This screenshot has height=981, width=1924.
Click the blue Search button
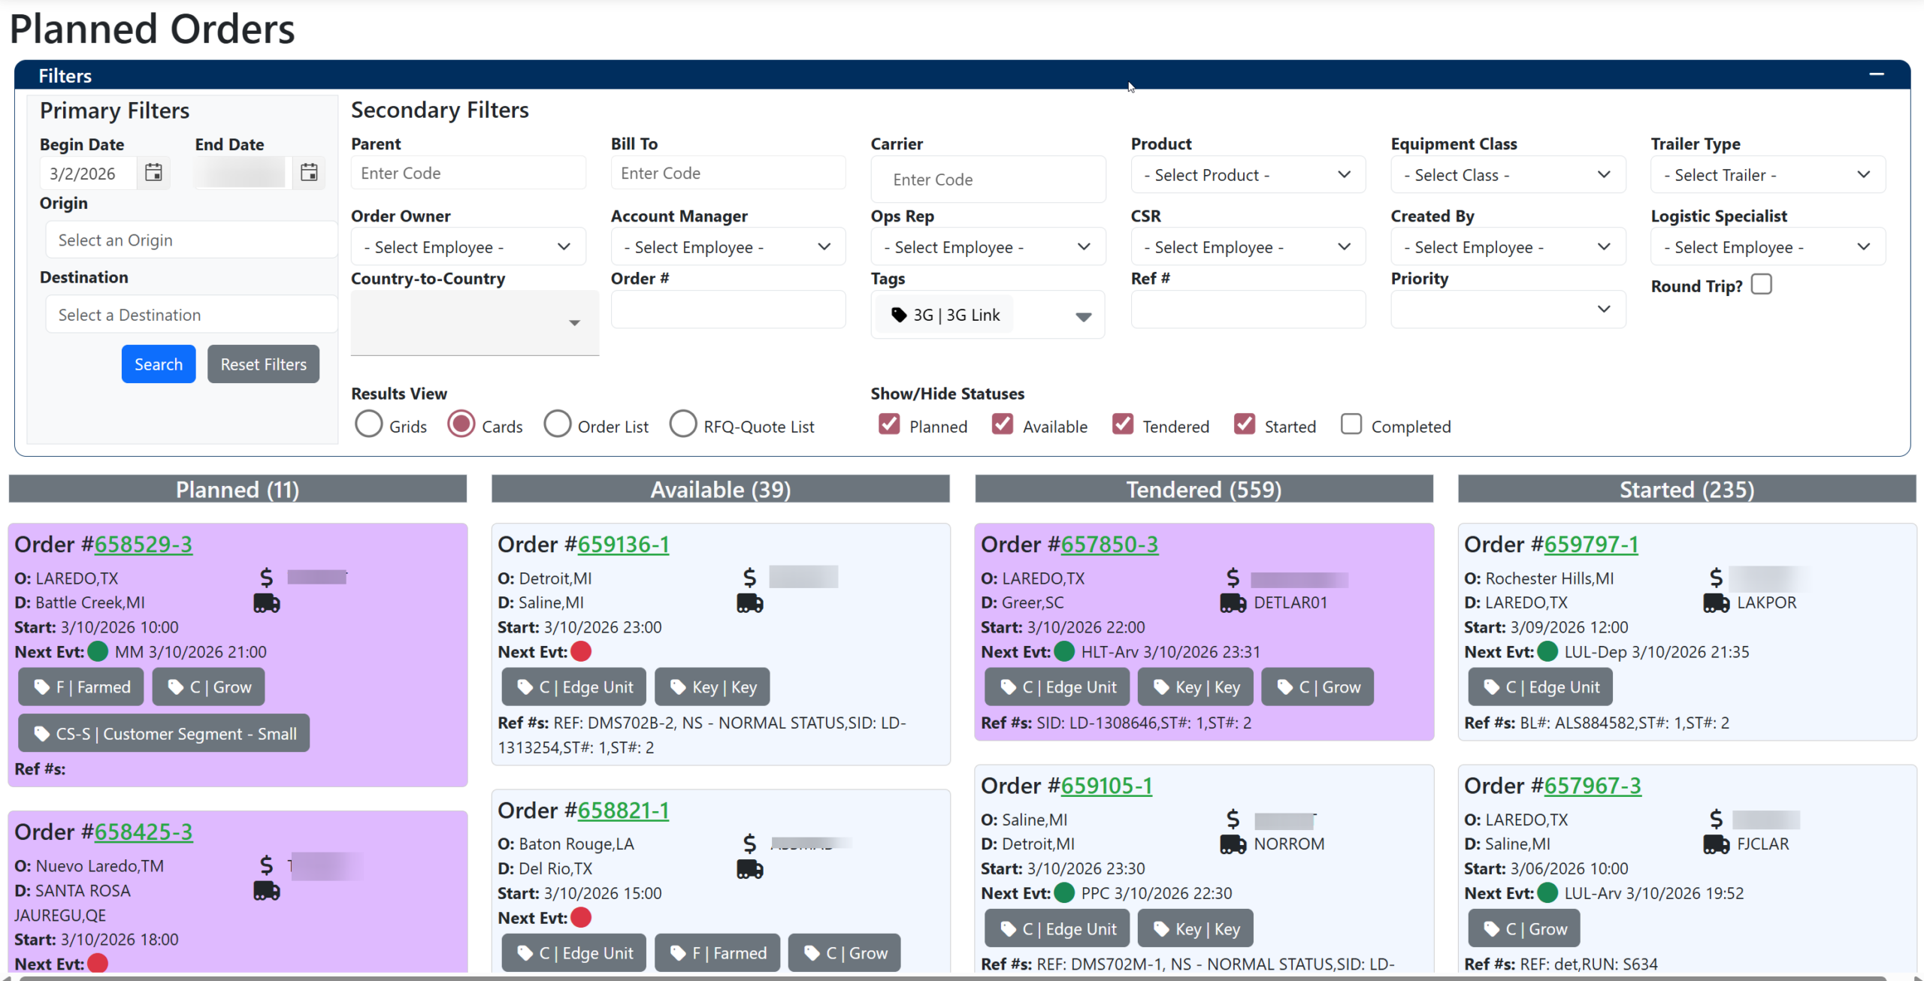click(x=158, y=364)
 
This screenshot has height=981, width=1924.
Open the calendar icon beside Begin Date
click(x=153, y=173)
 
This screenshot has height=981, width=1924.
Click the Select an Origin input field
click(x=191, y=240)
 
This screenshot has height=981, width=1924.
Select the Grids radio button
click(x=369, y=424)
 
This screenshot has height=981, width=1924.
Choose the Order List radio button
click(x=558, y=424)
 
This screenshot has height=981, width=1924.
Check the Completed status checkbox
click(x=1351, y=424)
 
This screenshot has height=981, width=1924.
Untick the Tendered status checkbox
click(x=1123, y=424)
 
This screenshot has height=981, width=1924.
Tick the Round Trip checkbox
click(x=1761, y=285)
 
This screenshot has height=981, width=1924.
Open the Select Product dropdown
click(x=1248, y=175)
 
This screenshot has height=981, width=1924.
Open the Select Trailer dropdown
click(x=1767, y=175)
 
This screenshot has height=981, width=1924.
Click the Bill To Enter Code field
click(x=728, y=174)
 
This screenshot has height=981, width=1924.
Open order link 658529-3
click(x=143, y=545)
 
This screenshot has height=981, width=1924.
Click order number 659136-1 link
click(x=623, y=545)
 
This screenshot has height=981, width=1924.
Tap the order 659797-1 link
click(x=1590, y=545)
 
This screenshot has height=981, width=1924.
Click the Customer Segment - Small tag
click(x=164, y=734)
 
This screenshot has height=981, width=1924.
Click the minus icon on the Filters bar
click(x=1876, y=74)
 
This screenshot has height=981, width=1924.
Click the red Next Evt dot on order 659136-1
click(x=581, y=652)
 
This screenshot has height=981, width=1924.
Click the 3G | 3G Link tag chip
click(x=945, y=315)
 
